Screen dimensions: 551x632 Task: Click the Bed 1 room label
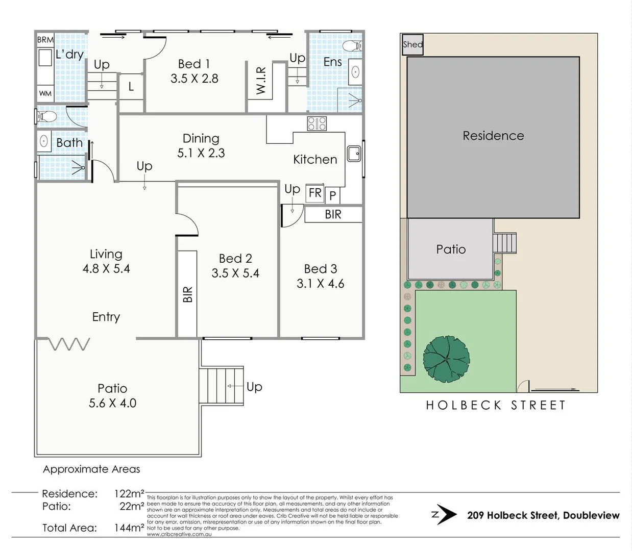pos(194,64)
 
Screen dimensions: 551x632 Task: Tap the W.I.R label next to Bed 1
pos(261,81)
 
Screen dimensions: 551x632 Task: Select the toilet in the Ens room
pos(352,46)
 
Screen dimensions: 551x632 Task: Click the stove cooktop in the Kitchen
pos(317,123)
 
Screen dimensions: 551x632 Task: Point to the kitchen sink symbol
pos(354,154)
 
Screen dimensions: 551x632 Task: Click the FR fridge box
pos(315,193)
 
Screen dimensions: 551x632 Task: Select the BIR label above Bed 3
pos(333,214)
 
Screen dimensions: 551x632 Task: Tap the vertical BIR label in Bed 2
pos(187,294)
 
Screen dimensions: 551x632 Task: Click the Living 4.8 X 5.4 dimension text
pos(106,269)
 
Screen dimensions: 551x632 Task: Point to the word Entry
pos(106,317)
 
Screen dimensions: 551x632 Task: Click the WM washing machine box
pos(45,93)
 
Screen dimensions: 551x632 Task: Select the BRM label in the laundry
pos(45,39)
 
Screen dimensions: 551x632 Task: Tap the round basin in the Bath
pos(44,141)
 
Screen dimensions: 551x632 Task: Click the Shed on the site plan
pos(412,44)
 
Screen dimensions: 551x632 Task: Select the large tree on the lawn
pos(446,359)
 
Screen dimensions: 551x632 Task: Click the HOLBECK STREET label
pos(496,406)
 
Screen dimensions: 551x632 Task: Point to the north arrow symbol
pos(445,515)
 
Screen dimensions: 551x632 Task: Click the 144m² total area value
pos(129,528)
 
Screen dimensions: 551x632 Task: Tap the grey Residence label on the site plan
pos(493,136)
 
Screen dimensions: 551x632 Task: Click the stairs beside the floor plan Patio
pos(221,386)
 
